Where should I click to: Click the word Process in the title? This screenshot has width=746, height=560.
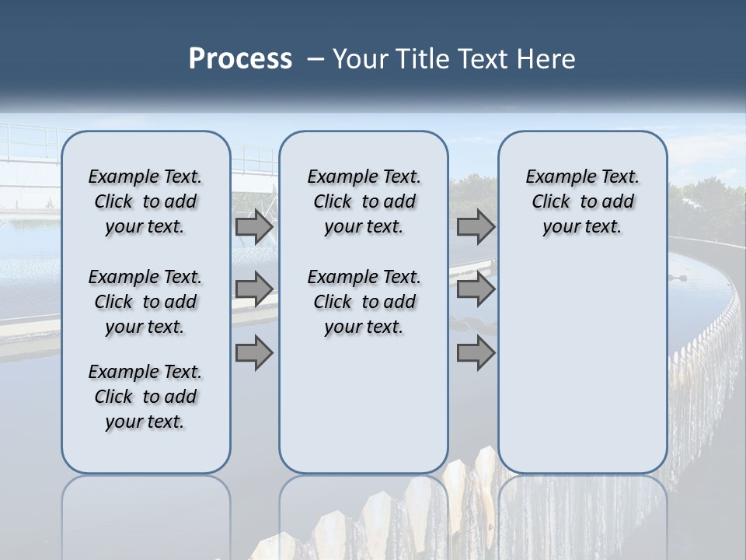pos(240,58)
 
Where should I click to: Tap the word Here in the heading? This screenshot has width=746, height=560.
pos(547,58)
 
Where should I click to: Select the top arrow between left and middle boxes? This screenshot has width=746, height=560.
pos(254,227)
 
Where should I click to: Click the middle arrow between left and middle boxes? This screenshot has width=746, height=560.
pos(254,289)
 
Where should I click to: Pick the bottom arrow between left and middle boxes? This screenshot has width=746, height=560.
pos(254,353)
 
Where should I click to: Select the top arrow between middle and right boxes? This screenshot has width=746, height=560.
pos(476,227)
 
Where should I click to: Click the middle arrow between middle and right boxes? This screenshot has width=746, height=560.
pos(476,289)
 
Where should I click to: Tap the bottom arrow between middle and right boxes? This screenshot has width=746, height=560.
pos(476,353)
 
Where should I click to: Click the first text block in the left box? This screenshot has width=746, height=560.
pos(145,201)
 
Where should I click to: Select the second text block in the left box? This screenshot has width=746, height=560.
pos(145,302)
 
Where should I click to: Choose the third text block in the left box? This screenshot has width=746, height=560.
pos(145,397)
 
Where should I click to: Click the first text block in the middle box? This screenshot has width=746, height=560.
pos(364,201)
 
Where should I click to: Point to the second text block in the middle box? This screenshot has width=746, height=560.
pos(364,302)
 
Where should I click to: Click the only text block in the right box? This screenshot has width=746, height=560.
pos(582,201)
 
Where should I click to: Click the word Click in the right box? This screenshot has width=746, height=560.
pos(551,202)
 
